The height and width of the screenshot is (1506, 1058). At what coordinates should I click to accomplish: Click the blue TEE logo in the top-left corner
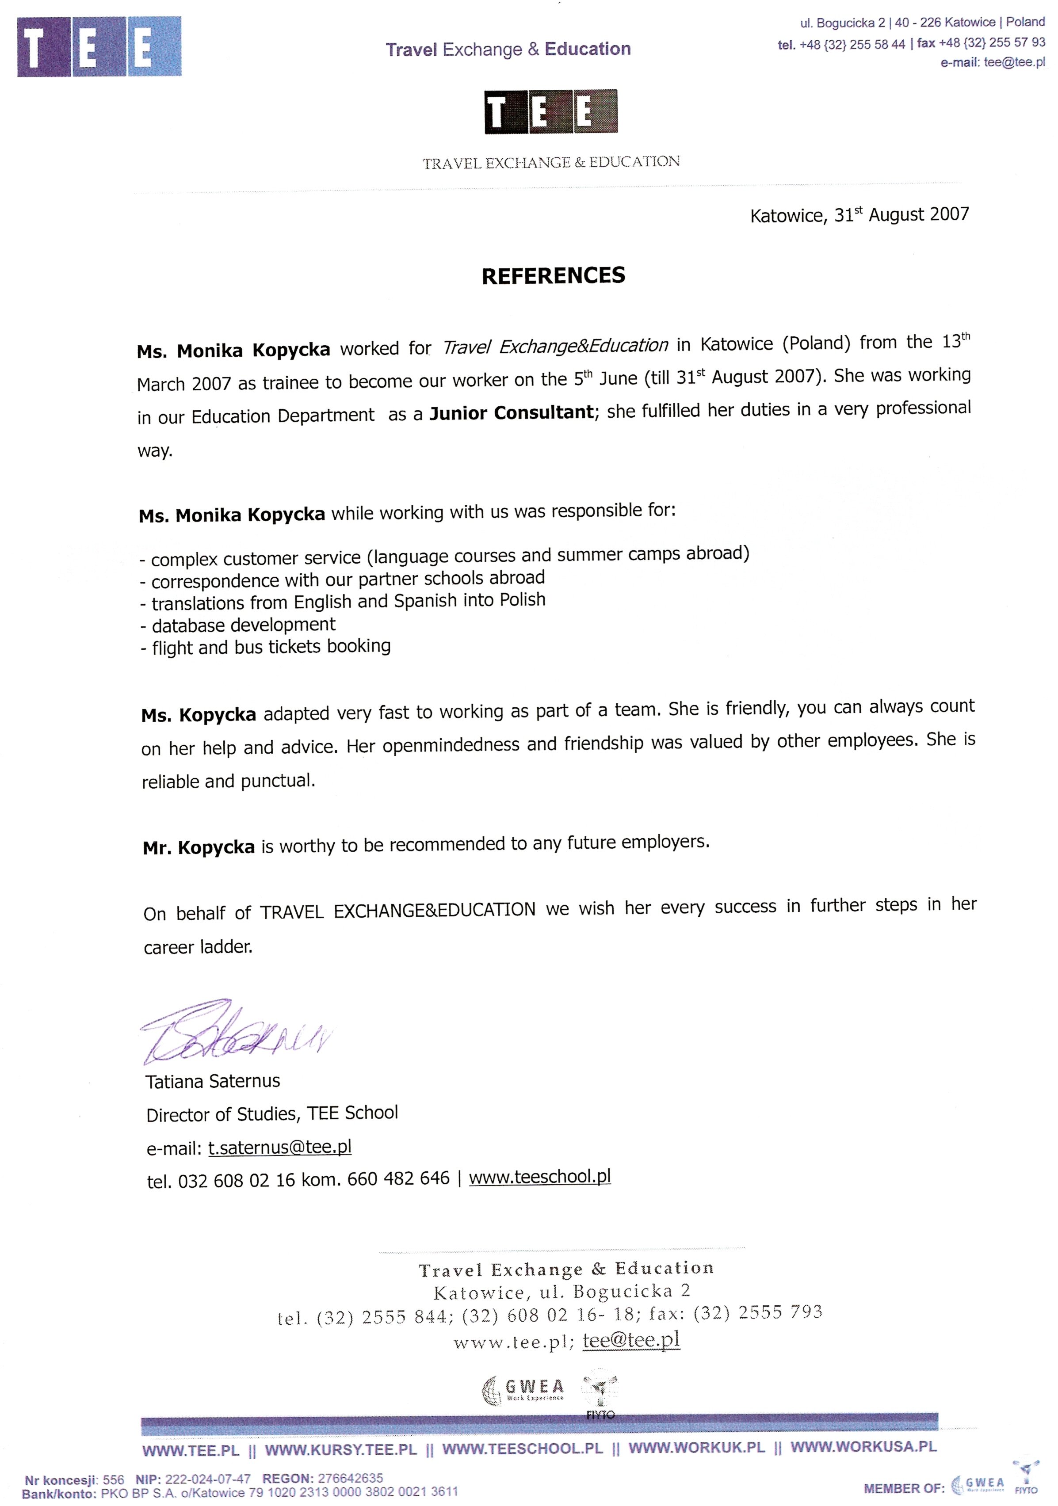tap(99, 46)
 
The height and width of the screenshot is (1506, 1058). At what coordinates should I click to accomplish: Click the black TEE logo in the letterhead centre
tap(550, 111)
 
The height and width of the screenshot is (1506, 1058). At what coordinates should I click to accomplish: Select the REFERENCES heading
tap(553, 275)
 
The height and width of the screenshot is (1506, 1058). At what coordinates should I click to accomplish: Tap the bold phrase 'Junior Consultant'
tap(511, 412)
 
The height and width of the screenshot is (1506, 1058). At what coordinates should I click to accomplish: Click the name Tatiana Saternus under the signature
tap(213, 1081)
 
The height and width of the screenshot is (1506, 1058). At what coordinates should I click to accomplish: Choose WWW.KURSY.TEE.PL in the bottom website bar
tap(340, 1449)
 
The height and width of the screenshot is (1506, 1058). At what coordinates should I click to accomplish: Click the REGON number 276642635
tap(350, 1479)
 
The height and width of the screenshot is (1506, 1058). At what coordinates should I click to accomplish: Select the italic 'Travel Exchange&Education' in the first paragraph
tap(555, 346)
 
